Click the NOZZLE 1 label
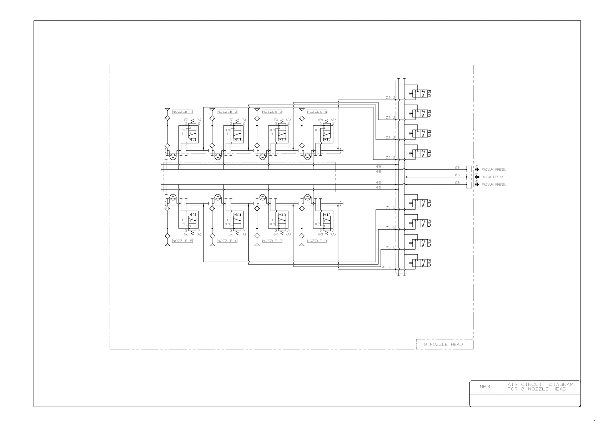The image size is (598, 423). [182, 112]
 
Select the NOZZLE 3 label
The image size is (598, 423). [272, 112]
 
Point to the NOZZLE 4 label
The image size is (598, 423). [317, 112]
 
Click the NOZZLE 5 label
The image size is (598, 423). [182, 241]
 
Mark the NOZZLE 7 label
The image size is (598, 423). [272, 241]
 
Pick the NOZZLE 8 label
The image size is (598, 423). [317, 241]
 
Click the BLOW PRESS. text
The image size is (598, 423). [493, 177]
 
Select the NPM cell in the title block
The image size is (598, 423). [485, 387]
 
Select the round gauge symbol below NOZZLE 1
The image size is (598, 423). [172, 156]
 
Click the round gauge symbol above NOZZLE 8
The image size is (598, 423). [307, 197]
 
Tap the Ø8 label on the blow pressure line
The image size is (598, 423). [457, 175]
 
